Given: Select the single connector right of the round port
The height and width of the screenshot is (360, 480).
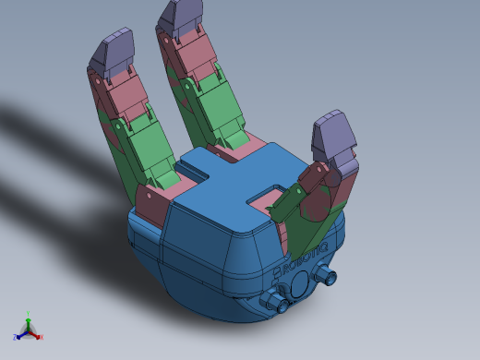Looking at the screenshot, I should pyautogui.click(x=327, y=275).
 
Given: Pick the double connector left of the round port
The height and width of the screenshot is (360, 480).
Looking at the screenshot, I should pyautogui.click(x=272, y=301).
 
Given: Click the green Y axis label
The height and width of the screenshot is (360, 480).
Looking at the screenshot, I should pyautogui.click(x=29, y=314).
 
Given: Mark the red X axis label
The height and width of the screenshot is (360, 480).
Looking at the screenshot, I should pyautogui.click(x=41, y=337).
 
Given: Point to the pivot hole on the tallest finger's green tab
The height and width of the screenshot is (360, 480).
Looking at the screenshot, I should pyautogui.click(x=189, y=87).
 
